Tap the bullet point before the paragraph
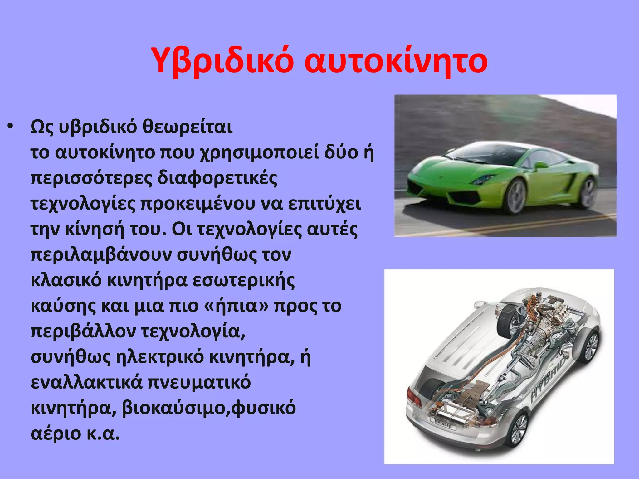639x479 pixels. (11, 126)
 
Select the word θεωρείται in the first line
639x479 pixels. (188, 127)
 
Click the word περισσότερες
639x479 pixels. (91, 178)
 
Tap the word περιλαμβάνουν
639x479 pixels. (101, 255)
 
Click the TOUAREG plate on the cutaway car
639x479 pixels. (443, 424)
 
